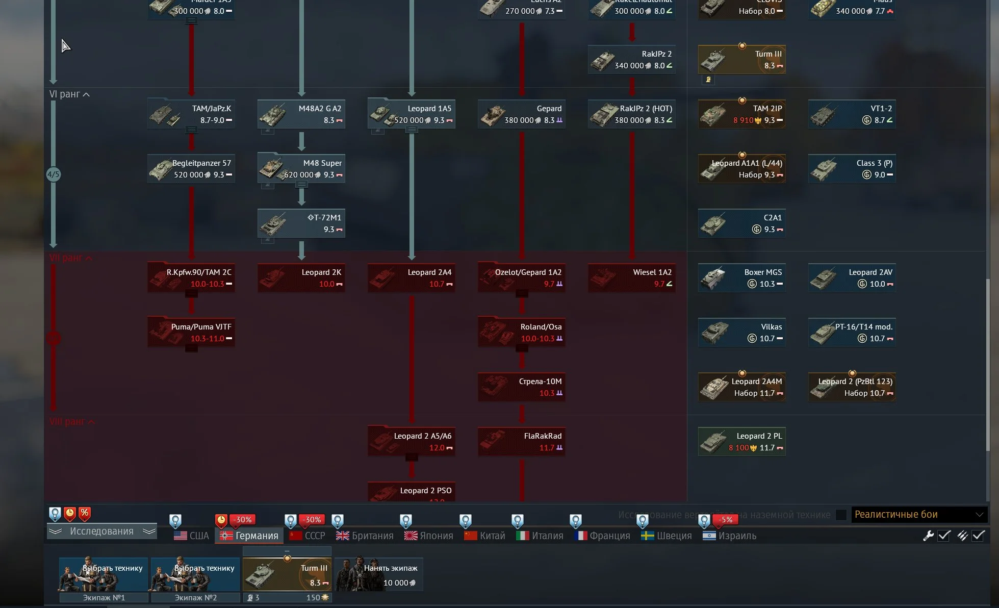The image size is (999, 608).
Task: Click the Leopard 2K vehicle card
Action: (x=301, y=278)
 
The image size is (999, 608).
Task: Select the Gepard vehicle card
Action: (x=522, y=114)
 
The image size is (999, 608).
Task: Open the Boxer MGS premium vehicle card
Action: (x=742, y=278)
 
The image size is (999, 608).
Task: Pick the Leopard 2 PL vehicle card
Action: (x=742, y=442)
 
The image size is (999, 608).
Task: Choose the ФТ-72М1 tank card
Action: (x=301, y=223)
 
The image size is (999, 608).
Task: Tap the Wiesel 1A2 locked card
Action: (x=632, y=278)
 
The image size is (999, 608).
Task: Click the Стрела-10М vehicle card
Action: (x=522, y=387)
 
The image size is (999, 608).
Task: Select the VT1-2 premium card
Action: (x=852, y=114)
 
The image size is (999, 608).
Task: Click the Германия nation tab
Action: (x=249, y=536)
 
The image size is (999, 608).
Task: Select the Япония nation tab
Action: (x=429, y=536)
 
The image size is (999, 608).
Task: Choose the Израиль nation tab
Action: (x=730, y=536)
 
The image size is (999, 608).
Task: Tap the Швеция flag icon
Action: (x=648, y=536)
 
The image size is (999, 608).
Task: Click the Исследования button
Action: (x=101, y=531)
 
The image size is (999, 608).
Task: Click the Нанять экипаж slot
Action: (x=379, y=574)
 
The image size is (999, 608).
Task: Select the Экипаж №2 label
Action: (x=196, y=597)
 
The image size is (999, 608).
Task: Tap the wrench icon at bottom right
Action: (x=928, y=536)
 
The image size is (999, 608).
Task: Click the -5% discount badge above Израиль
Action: (x=725, y=520)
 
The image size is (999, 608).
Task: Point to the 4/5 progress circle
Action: (x=54, y=174)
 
